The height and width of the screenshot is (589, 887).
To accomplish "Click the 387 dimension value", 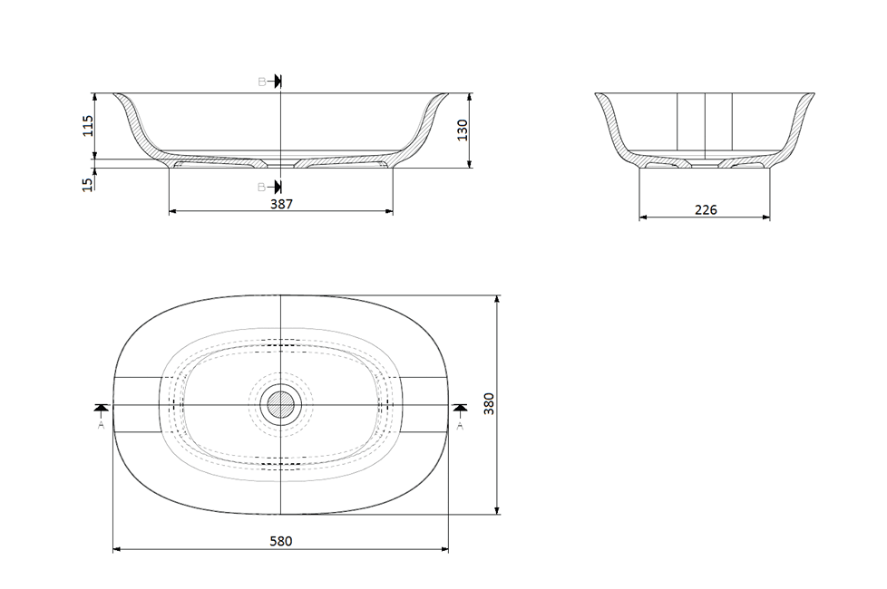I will click(281, 205).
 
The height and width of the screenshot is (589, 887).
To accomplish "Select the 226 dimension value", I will click(706, 210).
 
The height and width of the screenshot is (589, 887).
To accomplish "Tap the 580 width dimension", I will click(281, 541).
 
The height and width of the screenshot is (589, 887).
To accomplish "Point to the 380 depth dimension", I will click(488, 403).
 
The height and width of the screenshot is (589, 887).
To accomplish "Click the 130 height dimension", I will click(462, 130).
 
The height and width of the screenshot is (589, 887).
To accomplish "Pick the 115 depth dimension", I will click(88, 125).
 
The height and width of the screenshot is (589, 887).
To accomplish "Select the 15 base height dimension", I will click(88, 184).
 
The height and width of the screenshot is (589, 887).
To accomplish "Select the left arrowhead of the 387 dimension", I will click(173, 212).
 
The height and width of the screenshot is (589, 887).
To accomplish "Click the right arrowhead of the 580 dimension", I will click(444, 549).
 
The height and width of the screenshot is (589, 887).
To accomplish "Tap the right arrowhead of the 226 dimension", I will click(766, 217).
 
